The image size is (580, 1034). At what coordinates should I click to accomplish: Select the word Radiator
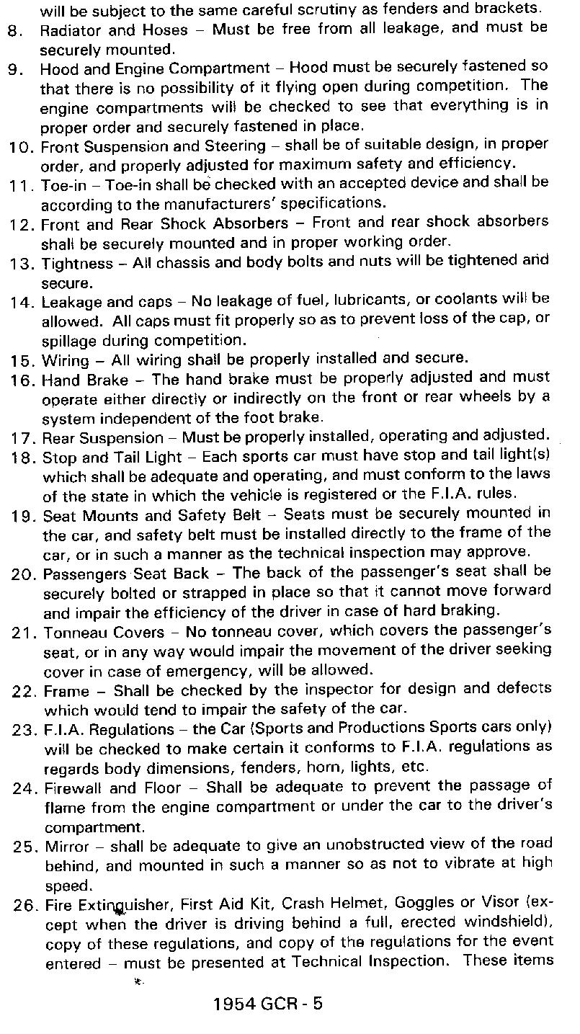[67, 30]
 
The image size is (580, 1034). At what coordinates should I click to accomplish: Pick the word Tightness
[77, 264]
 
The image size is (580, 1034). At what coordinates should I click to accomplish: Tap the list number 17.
[23, 438]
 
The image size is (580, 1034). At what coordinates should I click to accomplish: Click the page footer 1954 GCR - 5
[267, 1004]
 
